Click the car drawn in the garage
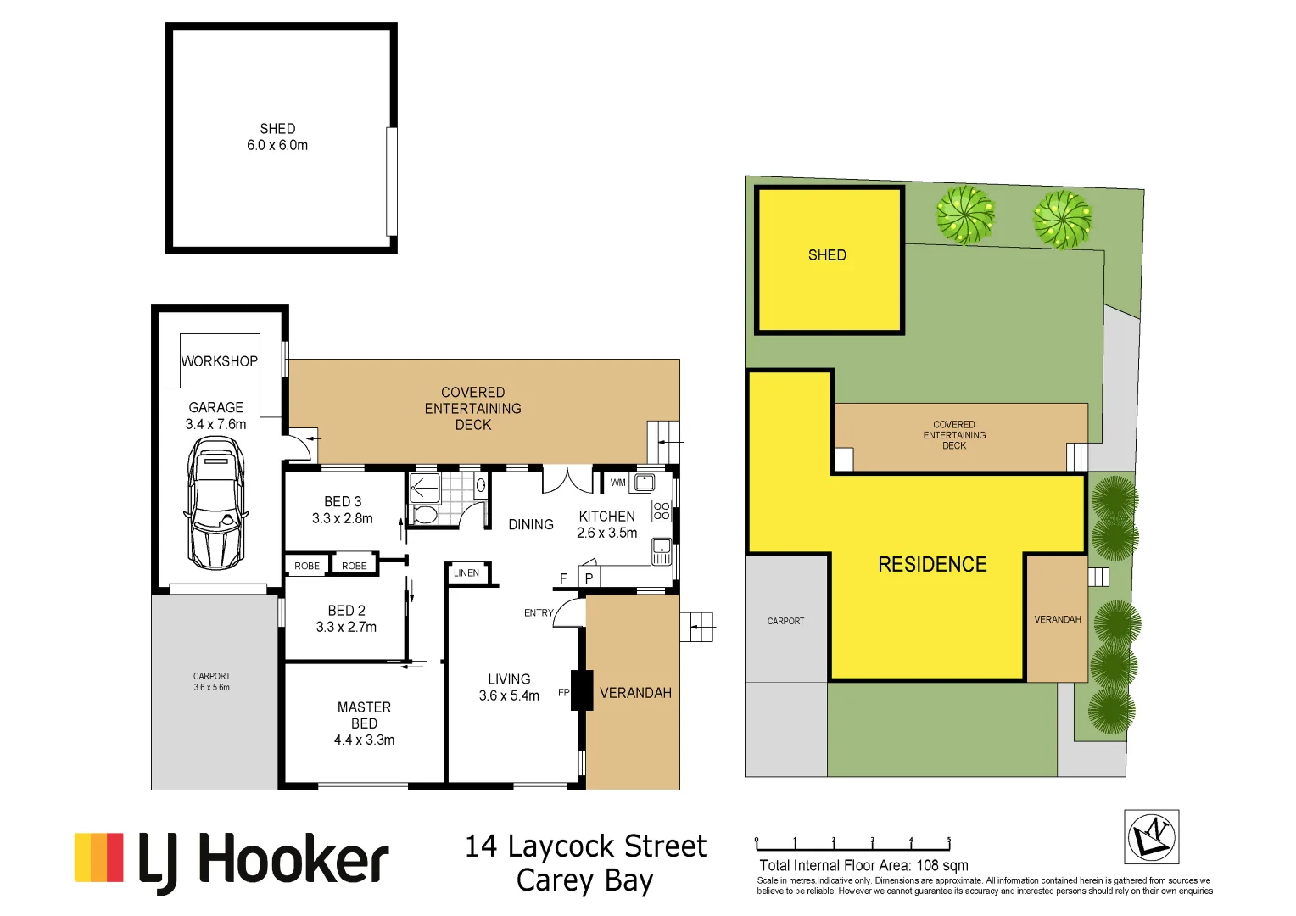(x=215, y=502)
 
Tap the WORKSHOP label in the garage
(x=219, y=361)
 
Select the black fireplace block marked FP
(x=582, y=690)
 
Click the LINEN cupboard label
(x=466, y=573)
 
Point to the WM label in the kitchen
(x=617, y=483)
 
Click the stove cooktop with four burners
(x=662, y=511)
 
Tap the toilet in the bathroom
(x=425, y=514)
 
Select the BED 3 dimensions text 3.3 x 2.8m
(x=342, y=518)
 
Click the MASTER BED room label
(x=364, y=715)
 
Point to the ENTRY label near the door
(x=538, y=612)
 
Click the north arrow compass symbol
(x=1151, y=836)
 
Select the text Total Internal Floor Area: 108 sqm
(x=863, y=865)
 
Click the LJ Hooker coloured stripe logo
(x=98, y=857)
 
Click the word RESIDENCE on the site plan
(x=932, y=565)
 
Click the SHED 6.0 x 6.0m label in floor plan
(x=277, y=137)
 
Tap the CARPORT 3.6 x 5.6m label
(x=211, y=682)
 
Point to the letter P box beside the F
(x=589, y=578)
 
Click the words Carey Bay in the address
(x=584, y=880)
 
